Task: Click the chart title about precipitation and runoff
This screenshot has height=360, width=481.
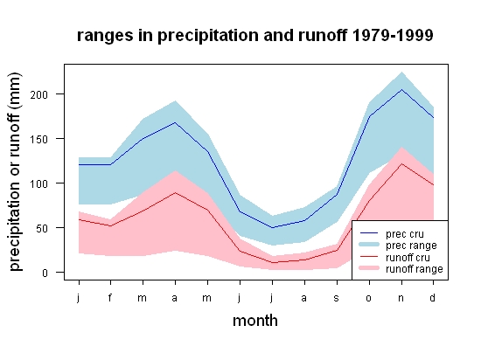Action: (x=254, y=36)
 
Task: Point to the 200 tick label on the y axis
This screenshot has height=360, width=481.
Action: (x=39, y=94)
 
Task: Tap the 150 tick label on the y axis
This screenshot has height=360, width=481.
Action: (x=39, y=140)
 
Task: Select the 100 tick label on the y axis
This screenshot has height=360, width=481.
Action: (x=39, y=183)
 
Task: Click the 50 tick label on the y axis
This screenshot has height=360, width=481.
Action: (x=42, y=228)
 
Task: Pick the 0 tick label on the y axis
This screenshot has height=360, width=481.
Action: (x=45, y=273)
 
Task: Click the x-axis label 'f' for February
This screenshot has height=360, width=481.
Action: (x=110, y=297)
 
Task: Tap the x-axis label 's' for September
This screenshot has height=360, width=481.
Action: (x=337, y=298)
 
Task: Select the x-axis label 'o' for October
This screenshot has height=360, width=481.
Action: (x=369, y=298)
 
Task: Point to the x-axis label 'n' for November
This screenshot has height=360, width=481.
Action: (x=401, y=298)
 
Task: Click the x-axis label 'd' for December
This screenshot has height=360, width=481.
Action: (x=433, y=297)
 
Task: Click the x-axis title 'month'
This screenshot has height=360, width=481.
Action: (x=255, y=321)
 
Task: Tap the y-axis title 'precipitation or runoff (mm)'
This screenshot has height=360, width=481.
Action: (x=14, y=172)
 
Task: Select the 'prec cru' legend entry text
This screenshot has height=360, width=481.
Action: (x=405, y=234)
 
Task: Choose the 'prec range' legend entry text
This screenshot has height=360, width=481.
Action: (x=411, y=246)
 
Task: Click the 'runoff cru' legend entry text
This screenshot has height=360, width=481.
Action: (x=408, y=258)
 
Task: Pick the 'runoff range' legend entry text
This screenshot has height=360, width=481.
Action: (x=415, y=269)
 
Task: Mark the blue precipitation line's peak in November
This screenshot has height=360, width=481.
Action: (x=401, y=89)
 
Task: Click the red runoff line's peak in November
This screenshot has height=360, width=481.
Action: (x=401, y=164)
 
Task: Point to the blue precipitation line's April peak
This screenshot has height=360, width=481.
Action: (x=175, y=122)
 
